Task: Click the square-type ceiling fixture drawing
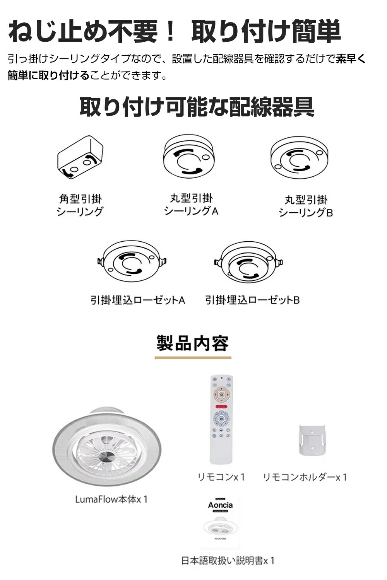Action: coord(80,157)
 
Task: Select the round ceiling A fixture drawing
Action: coord(189,156)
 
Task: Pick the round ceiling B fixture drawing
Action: coord(300,158)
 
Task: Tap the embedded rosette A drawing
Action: coord(132,262)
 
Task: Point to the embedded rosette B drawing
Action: coord(248,262)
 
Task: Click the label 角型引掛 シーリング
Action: coord(80,205)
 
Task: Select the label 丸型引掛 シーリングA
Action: coord(191,205)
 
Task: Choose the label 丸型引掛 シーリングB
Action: coord(306,206)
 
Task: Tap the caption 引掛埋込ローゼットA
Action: coord(138,300)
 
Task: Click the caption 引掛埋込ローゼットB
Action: coord(252,300)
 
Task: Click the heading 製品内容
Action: coord(193,343)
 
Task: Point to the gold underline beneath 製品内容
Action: coord(193,358)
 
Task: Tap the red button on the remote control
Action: coord(221,407)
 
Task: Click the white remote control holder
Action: coord(312,440)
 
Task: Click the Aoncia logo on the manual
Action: coord(220,505)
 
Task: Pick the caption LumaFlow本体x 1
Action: coord(111,499)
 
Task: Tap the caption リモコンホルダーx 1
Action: coord(305,477)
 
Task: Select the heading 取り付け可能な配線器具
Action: coord(197,107)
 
